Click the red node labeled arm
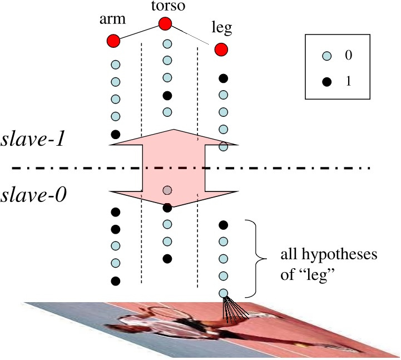pyautogui.click(x=113, y=41)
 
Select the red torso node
pyautogui.click(x=165, y=24)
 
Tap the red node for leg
pyautogui.click(x=221, y=50)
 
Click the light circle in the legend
pyautogui.click(x=327, y=56)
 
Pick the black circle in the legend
pyautogui.click(x=327, y=81)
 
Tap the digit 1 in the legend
pyautogui.click(x=348, y=81)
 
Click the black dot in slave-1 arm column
pyautogui.click(x=116, y=134)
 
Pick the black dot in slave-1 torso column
pyautogui.click(x=167, y=96)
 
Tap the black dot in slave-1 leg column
pyautogui.click(x=223, y=78)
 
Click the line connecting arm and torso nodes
pyautogui.click(x=139, y=32)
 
